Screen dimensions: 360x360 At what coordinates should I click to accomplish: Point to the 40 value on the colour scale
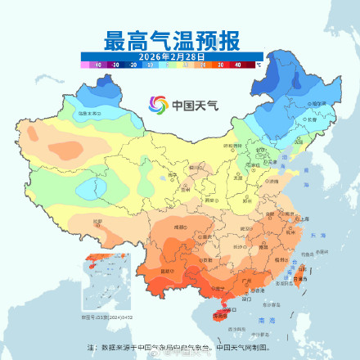(237, 63)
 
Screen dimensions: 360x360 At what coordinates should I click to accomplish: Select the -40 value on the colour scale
(97, 63)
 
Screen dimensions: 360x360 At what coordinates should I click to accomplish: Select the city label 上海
(304, 219)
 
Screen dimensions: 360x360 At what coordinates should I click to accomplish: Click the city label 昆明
(169, 271)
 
